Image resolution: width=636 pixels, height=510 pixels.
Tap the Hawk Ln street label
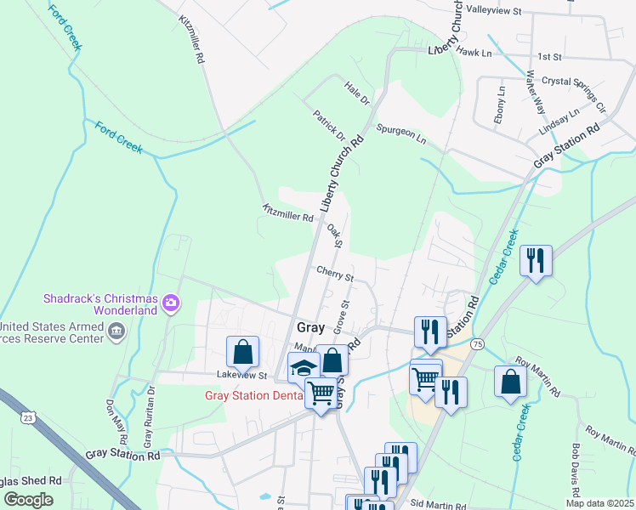pos(474,52)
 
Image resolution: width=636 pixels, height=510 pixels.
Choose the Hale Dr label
pos(358,93)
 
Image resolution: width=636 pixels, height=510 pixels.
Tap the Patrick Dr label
pos(329,125)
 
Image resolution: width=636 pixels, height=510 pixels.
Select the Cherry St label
pos(334,275)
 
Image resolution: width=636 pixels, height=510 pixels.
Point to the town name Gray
pos(312,327)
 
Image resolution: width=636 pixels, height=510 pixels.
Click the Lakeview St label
pos(241,375)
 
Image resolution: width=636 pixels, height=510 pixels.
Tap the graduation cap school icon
pos(303,367)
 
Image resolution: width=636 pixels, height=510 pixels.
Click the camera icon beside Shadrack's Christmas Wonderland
pos(171,303)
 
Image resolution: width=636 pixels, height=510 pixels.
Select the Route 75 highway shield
pos(478,343)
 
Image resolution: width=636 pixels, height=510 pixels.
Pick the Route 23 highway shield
pos(29,417)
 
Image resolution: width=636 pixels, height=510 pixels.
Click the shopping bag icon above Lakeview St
pos(243,350)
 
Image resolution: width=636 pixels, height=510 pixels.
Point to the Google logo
pos(29,499)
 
